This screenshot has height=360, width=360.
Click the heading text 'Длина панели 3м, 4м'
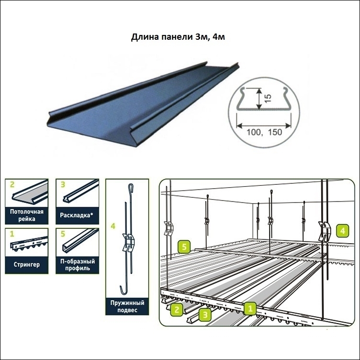178,37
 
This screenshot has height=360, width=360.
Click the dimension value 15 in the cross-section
268,98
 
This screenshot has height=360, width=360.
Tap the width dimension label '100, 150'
264,132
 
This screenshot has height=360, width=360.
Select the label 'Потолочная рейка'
27,215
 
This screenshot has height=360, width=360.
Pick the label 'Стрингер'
27,264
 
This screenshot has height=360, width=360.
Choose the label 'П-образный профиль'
78,265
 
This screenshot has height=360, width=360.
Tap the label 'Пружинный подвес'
127,306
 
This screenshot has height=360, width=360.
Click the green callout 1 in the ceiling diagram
250,308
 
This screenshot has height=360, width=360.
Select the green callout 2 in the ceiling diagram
177,309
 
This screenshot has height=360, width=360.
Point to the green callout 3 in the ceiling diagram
205,315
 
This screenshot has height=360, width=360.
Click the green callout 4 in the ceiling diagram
343,231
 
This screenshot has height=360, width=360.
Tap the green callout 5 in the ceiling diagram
184,247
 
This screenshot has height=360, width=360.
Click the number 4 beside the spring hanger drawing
112,226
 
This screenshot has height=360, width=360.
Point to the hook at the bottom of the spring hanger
124,290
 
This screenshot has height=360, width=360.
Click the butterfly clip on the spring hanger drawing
128,242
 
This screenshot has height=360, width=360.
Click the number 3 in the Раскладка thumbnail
63,184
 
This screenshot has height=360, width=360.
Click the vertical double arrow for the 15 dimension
259,99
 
